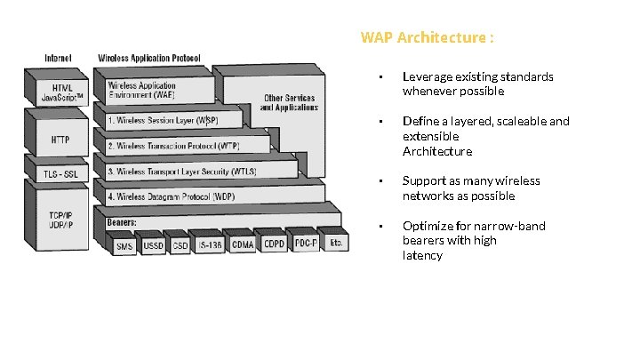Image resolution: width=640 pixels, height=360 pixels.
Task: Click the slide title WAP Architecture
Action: tap(427, 38)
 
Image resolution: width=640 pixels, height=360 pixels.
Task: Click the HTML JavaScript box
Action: tap(62, 92)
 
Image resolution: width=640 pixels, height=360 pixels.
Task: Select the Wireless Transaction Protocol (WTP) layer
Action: tap(169, 145)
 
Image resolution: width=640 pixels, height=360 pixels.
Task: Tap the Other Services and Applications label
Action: tap(288, 102)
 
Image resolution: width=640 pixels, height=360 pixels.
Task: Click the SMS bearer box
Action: tap(124, 246)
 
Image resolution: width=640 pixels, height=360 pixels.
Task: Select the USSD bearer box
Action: tap(154, 246)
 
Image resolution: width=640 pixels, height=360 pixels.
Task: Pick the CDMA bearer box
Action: tap(243, 244)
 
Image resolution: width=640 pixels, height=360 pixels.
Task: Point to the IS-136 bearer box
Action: tap(210, 245)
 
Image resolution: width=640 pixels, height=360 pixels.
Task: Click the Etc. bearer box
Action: tap(336, 242)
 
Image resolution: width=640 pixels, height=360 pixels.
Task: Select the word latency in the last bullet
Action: tap(422, 255)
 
